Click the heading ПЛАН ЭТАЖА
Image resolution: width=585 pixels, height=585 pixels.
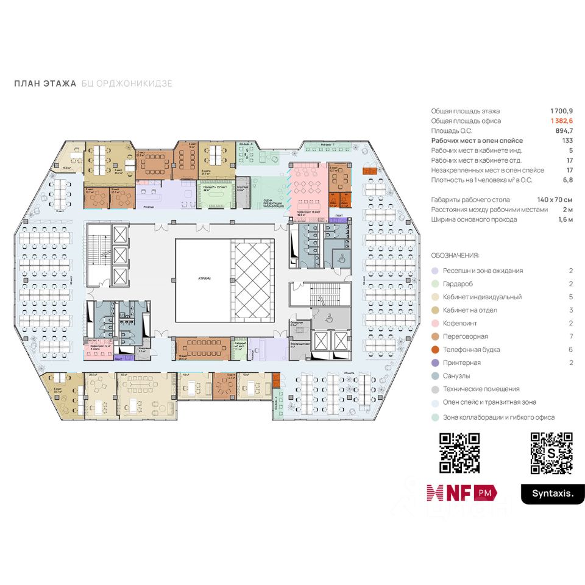click(45, 83)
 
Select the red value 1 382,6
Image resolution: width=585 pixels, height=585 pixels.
click(561, 121)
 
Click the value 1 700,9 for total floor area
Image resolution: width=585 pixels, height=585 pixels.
click(561, 111)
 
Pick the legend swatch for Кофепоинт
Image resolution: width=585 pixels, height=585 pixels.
click(434, 324)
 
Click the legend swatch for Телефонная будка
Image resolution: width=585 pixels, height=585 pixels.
click(434, 350)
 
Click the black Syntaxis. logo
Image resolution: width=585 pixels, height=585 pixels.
click(548, 494)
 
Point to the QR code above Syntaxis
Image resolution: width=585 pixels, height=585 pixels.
click(551, 453)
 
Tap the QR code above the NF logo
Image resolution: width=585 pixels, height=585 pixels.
click(460, 453)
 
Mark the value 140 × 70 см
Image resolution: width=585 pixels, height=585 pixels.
click(555, 200)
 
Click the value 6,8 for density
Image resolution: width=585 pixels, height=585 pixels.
click(568, 180)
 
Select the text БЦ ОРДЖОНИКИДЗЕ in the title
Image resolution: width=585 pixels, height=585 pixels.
click(127, 83)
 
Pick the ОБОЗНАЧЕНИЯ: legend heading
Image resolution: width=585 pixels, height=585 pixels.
click(455, 255)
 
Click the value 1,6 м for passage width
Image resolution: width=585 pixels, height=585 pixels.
click(564, 219)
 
